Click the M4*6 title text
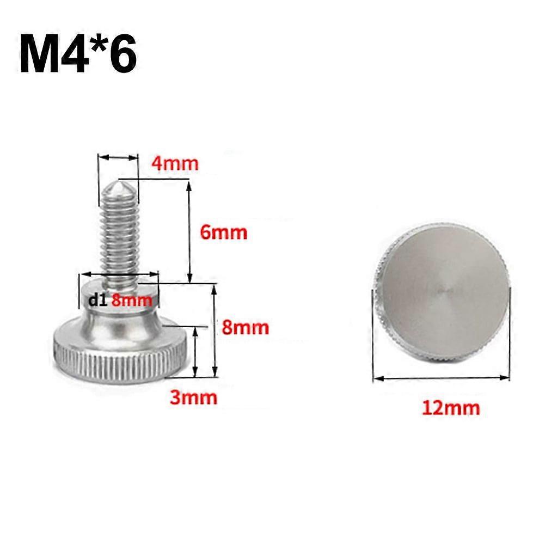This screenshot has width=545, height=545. click(x=78, y=53)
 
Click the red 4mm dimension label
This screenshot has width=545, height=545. click(x=175, y=163)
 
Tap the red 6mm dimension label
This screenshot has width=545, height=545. click(x=223, y=232)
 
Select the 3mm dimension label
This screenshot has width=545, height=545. click(x=193, y=397)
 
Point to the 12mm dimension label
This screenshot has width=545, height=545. click(x=451, y=408)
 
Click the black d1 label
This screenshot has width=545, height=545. click(x=97, y=300)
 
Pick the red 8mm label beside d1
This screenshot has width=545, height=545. click(x=132, y=300)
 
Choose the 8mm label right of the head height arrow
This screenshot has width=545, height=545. click(x=246, y=327)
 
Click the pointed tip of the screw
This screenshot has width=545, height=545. click(x=119, y=180)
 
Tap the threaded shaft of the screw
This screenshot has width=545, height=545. click(x=120, y=236)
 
